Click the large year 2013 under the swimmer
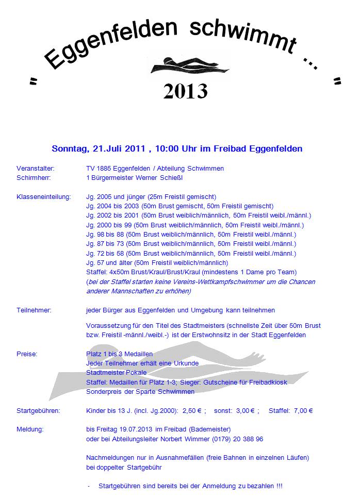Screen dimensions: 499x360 tap(185, 91)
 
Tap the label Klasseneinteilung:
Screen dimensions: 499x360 tap(43, 197)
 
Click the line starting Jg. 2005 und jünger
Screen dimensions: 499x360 tap(151, 197)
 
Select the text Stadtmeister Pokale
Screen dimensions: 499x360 tap(116, 373)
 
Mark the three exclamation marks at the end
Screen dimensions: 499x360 tap(279, 486)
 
